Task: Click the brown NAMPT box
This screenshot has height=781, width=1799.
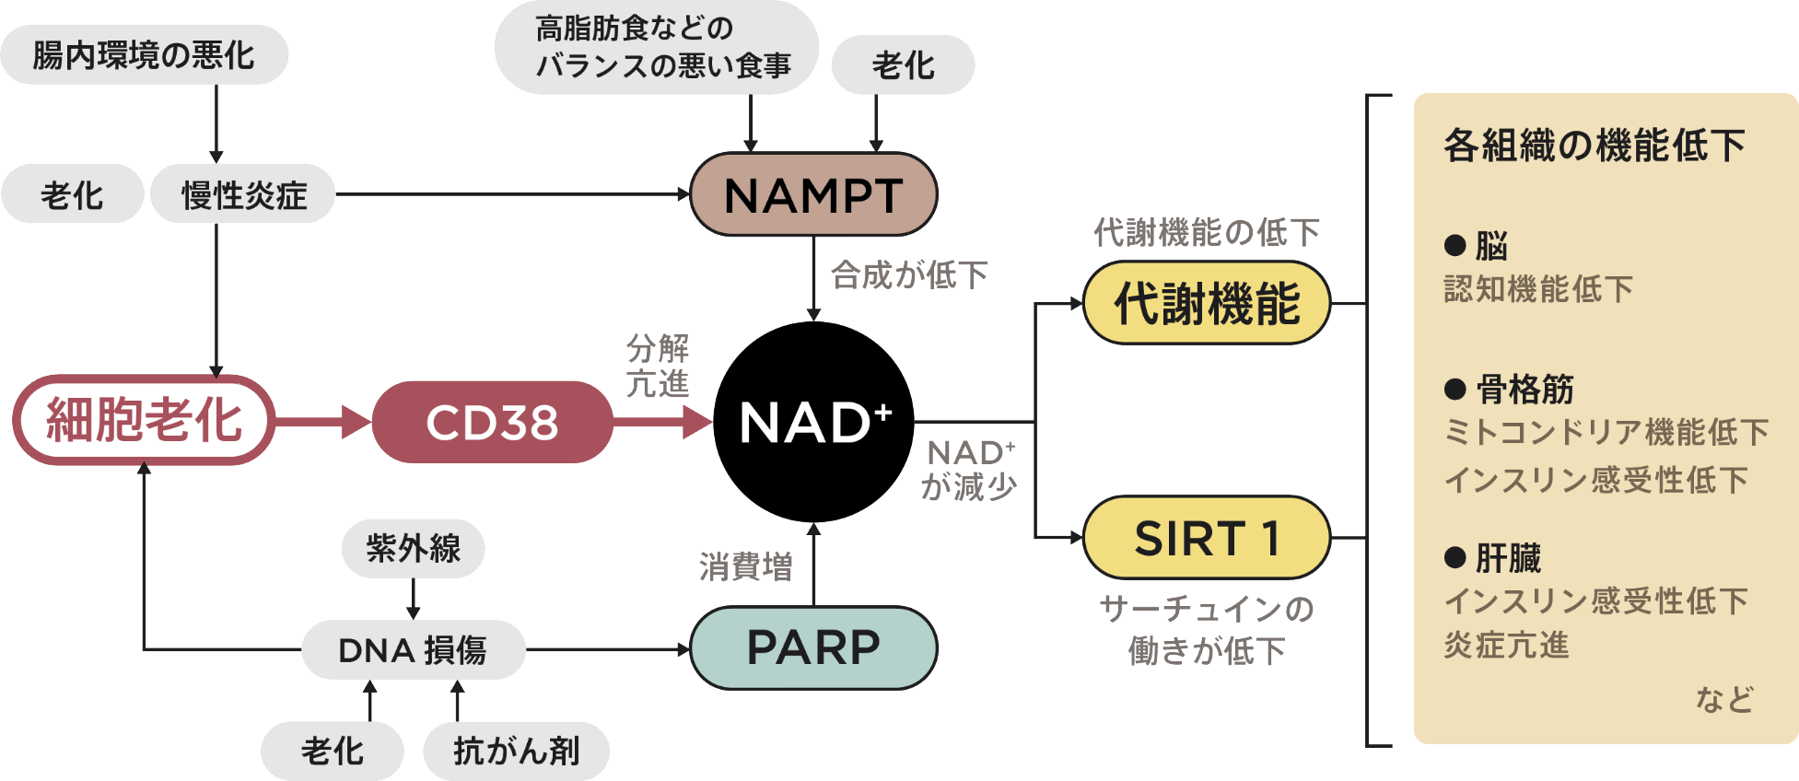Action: [813, 194]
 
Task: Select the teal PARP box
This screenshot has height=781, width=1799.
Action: [813, 647]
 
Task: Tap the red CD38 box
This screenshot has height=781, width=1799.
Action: [492, 422]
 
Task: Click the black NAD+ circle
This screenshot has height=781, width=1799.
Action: [813, 422]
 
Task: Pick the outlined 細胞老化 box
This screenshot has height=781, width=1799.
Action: [144, 420]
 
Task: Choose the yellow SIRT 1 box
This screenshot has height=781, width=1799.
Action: [1207, 538]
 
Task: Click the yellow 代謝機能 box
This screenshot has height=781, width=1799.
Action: [1207, 303]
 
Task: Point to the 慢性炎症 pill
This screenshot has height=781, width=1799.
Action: [243, 194]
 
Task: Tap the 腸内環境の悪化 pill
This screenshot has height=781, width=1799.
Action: [144, 55]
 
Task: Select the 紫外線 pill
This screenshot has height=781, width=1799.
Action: [413, 549]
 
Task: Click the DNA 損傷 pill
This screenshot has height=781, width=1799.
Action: [413, 650]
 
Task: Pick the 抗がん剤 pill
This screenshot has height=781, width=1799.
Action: [516, 751]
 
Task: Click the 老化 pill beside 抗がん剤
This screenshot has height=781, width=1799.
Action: [333, 751]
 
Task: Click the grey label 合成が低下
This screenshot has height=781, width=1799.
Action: [909, 274]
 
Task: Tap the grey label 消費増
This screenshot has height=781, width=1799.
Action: [745, 566]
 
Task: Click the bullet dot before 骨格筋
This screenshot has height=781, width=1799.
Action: [1455, 389]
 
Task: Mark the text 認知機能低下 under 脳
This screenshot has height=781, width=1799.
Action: [1538, 289]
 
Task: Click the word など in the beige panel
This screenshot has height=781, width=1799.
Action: [1724, 699]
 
